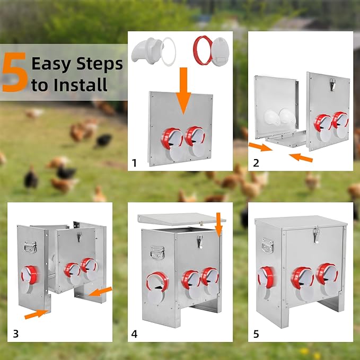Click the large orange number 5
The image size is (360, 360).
click(x=15, y=72)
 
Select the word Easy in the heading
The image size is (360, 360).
click(x=51, y=64)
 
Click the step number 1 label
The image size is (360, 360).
click(x=134, y=163)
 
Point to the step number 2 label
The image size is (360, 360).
click(x=256, y=163)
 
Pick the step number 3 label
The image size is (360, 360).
click(x=15, y=333)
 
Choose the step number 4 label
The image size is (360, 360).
click(x=134, y=334)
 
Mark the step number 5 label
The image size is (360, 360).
click(x=256, y=334)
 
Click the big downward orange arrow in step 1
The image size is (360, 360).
click(x=183, y=91)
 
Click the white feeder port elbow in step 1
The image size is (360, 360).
click(x=147, y=50)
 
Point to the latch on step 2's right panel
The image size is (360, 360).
click(x=332, y=84)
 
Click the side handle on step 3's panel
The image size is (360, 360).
click(x=30, y=247)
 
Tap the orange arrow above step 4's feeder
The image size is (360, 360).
click(x=219, y=224)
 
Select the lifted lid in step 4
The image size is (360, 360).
click(x=181, y=219)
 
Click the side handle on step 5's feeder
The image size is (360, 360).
click(x=268, y=245)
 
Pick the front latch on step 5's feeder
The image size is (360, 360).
click(x=317, y=234)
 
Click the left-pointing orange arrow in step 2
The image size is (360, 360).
click(x=301, y=157)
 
